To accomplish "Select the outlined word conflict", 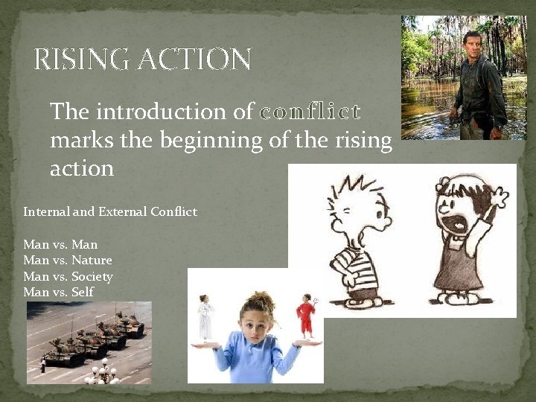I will (310, 112).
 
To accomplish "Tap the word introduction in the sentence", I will (161, 112).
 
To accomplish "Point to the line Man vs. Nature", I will (68, 260).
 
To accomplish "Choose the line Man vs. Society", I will (68, 276).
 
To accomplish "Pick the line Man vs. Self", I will (59, 292).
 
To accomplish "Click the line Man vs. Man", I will (60, 244).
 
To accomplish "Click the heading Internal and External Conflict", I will (110, 211).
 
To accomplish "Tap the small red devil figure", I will (306, 316).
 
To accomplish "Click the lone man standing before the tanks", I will (42, 366).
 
